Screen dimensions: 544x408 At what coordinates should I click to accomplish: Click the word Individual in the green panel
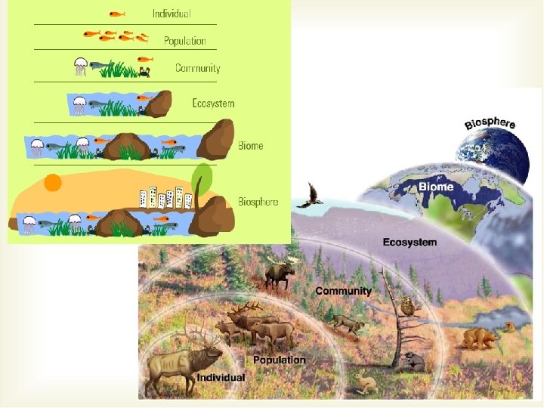(x=171, y=14)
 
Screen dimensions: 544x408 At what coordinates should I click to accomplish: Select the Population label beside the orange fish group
(x=184, y=41)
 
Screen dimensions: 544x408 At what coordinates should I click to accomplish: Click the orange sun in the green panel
(x=53, y=183)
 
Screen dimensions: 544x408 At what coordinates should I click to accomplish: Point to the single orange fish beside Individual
(x=116, y=14)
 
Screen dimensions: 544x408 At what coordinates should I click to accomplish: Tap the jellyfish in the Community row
(x=80, y=67)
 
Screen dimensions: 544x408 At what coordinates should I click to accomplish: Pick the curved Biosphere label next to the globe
(x=490, y=123)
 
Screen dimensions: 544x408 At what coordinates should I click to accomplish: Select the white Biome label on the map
(x=436, y=187)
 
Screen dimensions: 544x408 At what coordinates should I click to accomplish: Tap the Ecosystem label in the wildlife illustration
(x=410, y=243)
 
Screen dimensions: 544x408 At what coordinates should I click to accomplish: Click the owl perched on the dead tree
(x=408, y=306)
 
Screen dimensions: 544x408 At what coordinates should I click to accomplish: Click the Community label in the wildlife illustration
(x=343, y=291)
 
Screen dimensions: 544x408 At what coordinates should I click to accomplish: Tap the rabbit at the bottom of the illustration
(x=366, y=385)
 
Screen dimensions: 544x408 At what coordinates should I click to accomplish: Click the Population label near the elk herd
(x=280, y=360)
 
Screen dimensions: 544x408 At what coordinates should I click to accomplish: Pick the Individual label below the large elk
(x=221, y=377)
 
